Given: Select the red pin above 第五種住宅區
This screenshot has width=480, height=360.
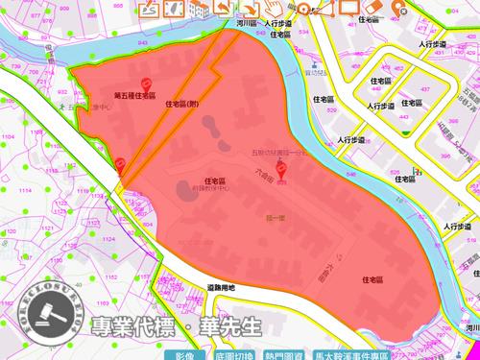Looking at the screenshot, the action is tap(147, 84).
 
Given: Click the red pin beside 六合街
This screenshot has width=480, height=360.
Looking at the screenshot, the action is tap(281, 171).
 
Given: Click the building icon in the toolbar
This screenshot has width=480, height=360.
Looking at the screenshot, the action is tap(199, 9).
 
